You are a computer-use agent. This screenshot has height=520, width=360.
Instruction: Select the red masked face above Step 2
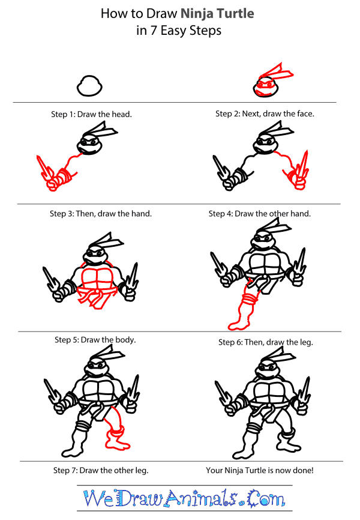click(265, 85)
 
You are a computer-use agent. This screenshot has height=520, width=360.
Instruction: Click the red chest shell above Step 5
click(97, 279)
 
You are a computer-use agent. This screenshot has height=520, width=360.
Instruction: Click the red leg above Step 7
click(115, 429)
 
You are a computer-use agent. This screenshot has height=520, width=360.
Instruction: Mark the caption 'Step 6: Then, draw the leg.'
click(266, 342)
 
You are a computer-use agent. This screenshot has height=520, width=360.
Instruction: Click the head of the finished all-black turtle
click(267, 369)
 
